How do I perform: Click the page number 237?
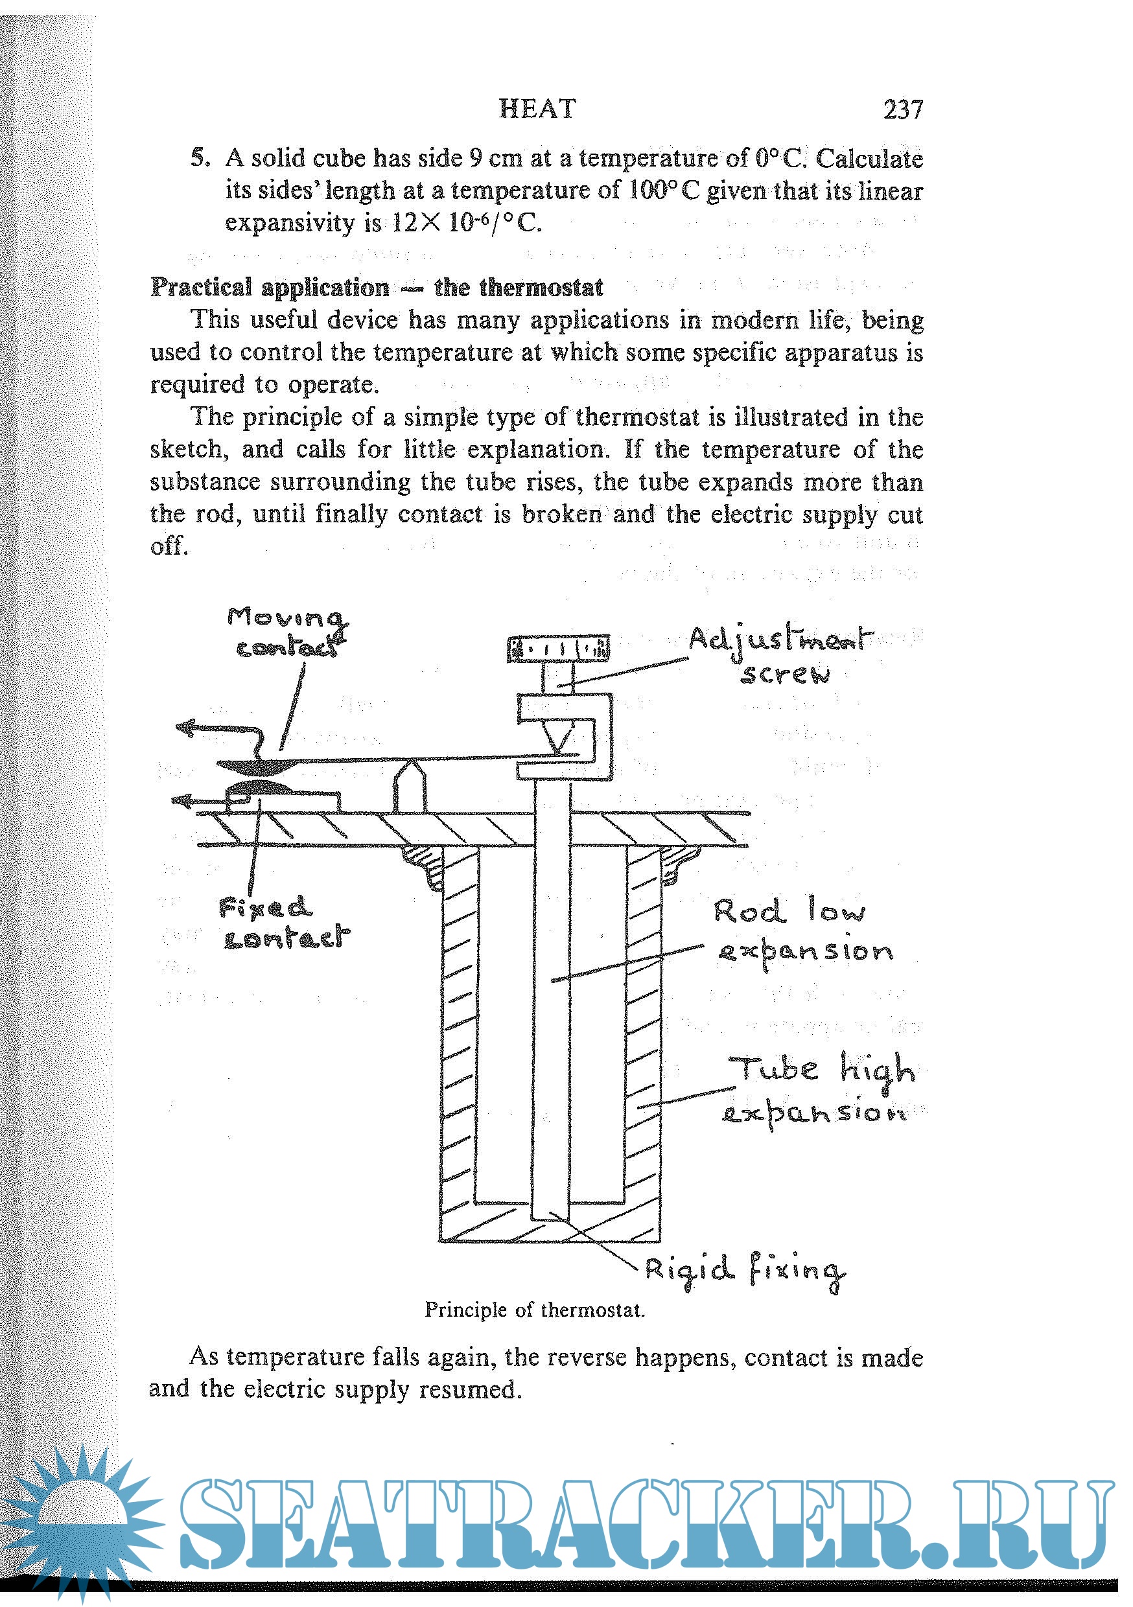click(x=903, y=110)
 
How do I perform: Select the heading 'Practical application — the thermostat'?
click(x=377, y=287)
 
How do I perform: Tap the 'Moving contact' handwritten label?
click(x=288, y=632)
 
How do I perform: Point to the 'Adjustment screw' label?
click(x=782, y=655)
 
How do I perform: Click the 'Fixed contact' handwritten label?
click(x=284, y=923)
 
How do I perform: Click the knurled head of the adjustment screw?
click(x=558, y=649)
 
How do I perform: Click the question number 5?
click(x=200, y=158)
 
